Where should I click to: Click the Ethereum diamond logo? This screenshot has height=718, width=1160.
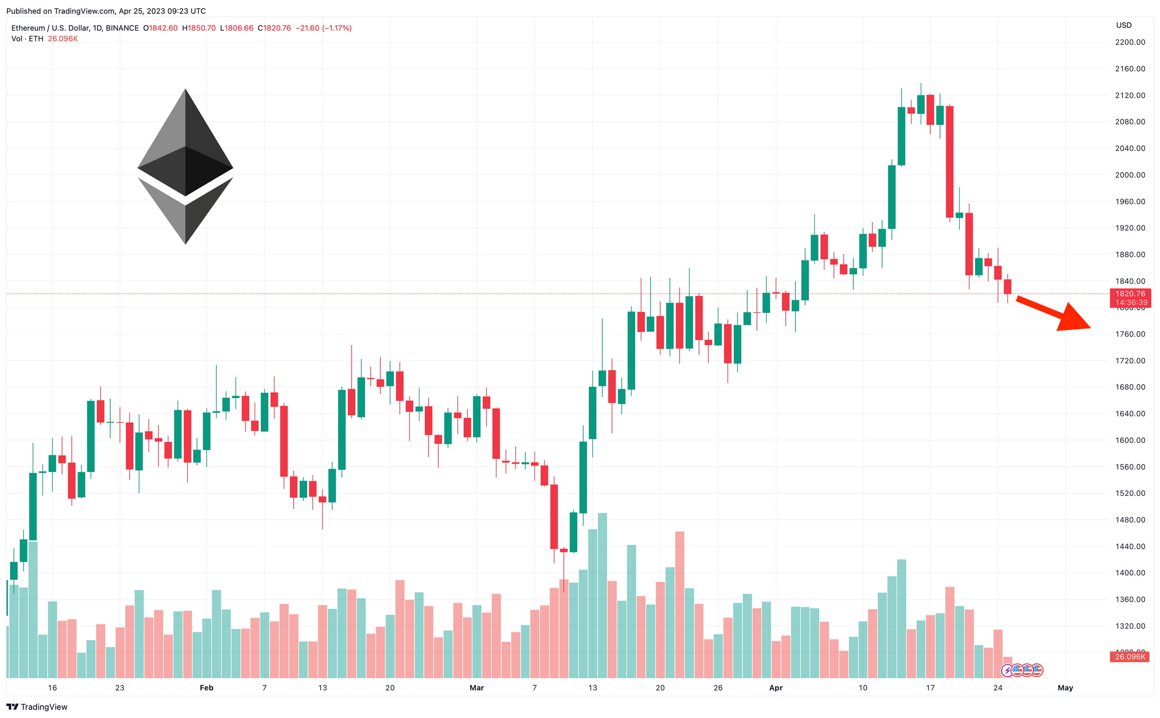pyautogui.click(x=185, y=166)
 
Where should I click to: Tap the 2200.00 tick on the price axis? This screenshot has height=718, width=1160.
pyautogui.click(x=1130, y=42)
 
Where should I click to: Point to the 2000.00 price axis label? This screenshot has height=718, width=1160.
pyautogui.click(x=1130, y=175)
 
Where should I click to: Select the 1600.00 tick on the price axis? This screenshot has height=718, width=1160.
pyautogui.click(x=1130, y=440)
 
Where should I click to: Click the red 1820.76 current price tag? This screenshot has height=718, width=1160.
pyautogui.click(x=1130, y=294)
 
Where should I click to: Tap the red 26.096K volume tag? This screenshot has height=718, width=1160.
pyautogui.click(x=1130, y=657)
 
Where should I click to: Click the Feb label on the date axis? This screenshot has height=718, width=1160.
pyautogui.click(x=206, y=688)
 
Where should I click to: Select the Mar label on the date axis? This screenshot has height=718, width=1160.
pyautogui.click(x=476, y=688)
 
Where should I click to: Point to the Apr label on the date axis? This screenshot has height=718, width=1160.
pyautogui.click(x=775, y=688)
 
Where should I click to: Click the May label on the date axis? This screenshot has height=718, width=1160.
pyautogui.click(x=1065, y=688)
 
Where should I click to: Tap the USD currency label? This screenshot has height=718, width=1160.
pyautogui.click(x=1123, y=25)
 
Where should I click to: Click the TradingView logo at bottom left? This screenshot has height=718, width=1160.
pyautogui.click(x=37, y=707)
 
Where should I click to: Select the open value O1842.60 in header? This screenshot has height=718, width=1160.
pyautogui.click(x=160, y=28)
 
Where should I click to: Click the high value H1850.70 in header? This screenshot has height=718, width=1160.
pyautogui.click(x=199, y=28)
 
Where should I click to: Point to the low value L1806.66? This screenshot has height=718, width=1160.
pyautogui.click(x=236, y=28)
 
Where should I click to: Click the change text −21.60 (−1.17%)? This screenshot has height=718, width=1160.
pyautogui.click(x=323, y=28)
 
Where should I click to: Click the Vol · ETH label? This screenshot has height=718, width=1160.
pyautogui.click(x=27, y=39)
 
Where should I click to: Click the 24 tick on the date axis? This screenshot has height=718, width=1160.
pyautogui.click(x=997, y=688)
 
